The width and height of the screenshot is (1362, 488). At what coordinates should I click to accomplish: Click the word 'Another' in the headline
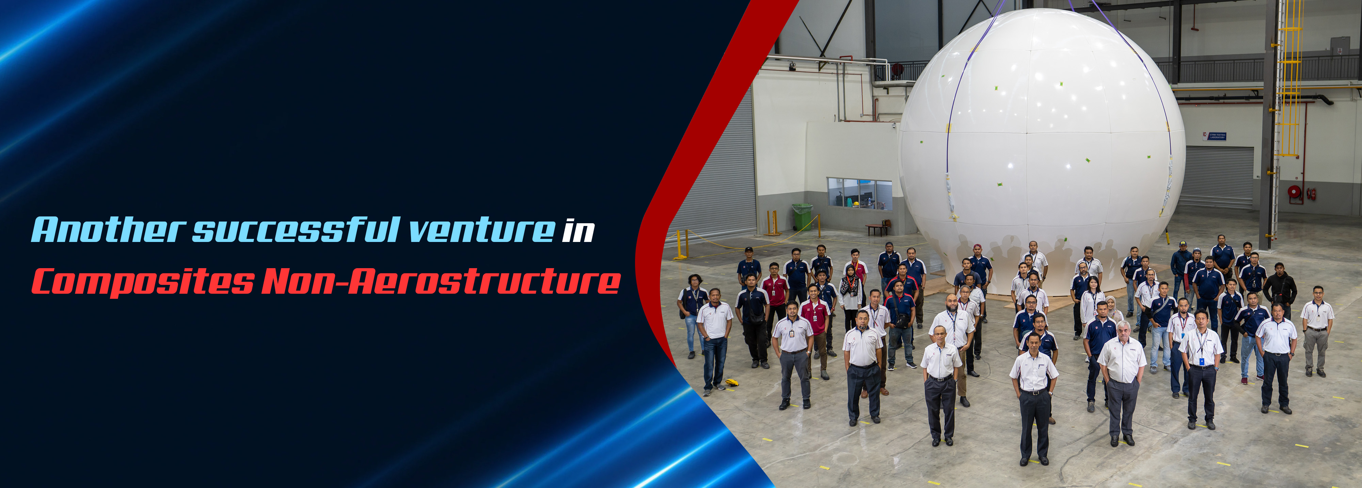point(108,230)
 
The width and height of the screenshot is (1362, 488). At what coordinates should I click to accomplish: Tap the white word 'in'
point(579,231)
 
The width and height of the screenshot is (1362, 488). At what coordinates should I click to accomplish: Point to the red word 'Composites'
point(143,282)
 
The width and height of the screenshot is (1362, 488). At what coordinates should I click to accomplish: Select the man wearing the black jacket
point(1280,290)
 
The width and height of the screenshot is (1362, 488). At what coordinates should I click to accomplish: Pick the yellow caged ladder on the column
point(1290,79)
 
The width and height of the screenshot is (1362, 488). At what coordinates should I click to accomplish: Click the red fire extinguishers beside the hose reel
point(1312,194)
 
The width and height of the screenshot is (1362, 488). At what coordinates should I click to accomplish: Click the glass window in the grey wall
point(859,194)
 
